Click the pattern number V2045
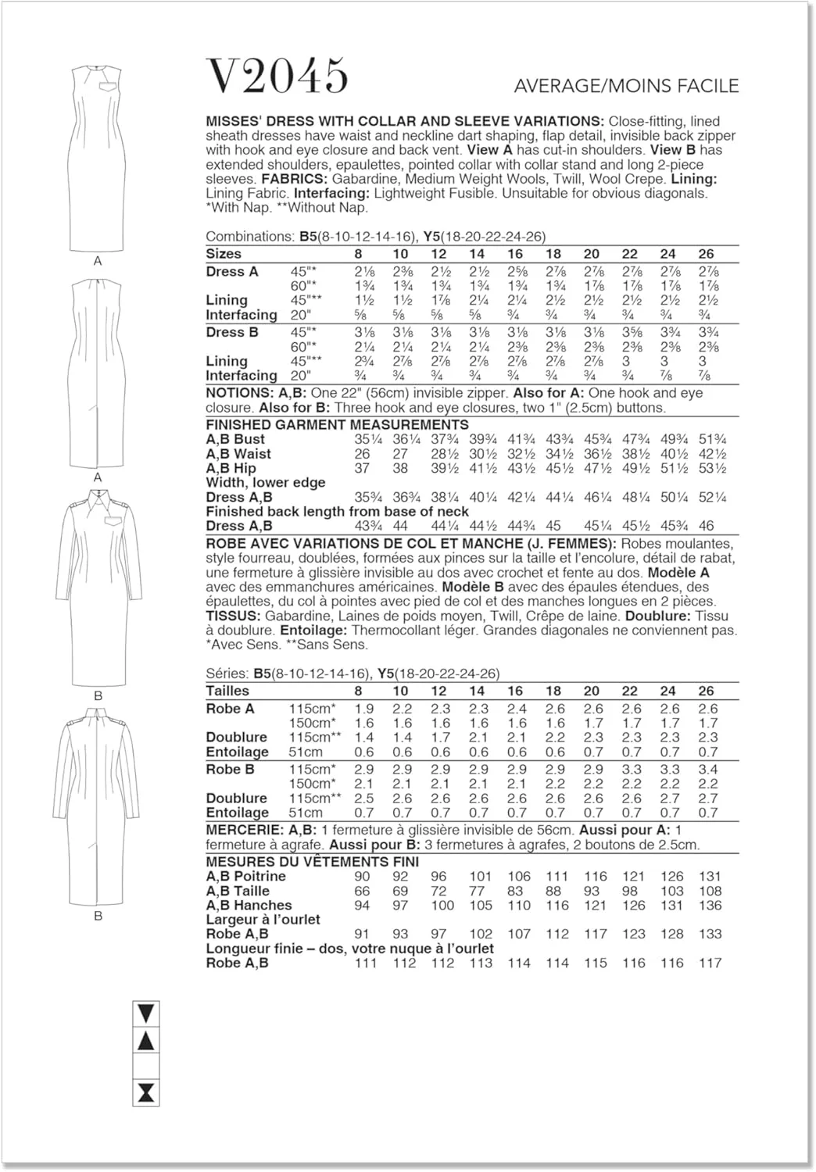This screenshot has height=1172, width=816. pos(277,76)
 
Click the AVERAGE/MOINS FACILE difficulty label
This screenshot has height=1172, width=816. pos(625,85)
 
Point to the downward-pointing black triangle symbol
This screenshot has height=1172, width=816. pos(146,1013)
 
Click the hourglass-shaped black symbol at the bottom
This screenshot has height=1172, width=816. pos(146,1092)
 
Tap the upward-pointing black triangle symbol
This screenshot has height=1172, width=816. pos(146,1041)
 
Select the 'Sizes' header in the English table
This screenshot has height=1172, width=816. pos(224,254)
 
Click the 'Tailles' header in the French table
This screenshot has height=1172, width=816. pos(227,691)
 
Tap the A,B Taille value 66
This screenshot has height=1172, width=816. pos(362,891)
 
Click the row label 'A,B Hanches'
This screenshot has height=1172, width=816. pos(249,905)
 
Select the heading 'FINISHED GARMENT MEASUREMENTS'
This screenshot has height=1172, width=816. pos(337,425)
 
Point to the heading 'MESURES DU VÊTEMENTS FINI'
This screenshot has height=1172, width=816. pos(313,862)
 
